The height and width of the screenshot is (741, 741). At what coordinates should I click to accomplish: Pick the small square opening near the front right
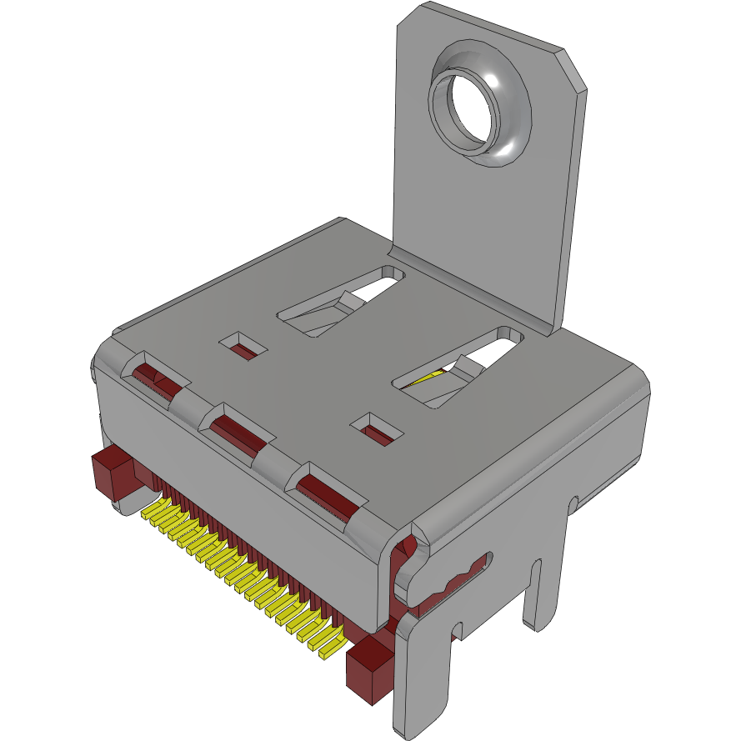point(378,428)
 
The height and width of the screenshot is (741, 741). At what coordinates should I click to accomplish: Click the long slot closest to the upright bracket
point(342,301)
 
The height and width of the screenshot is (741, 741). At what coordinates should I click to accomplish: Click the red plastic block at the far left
point(113,473)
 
